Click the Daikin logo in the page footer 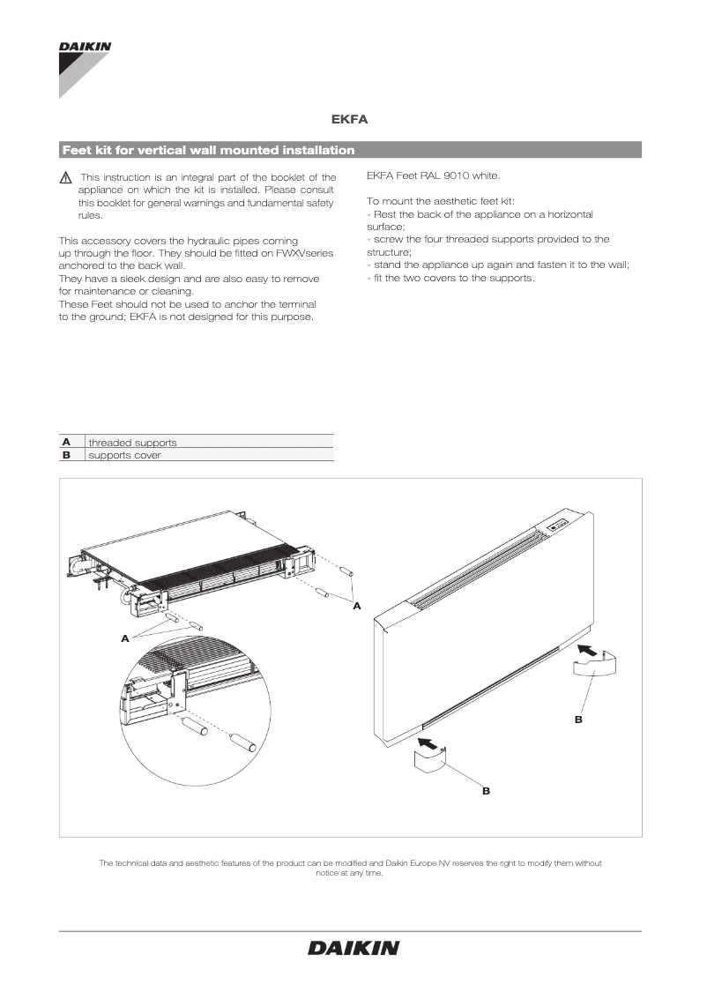pyautogui.click(x=353, y=948)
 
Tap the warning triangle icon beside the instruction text pyautogui.click(x=65, y=178)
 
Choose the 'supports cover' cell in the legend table pyautogui.click(x=124, y=455)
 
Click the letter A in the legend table pyautogui.click(x=65, y=442)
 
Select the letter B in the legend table pyautogui.click(x=65, y=455)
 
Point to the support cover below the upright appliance pyautogui.click(x=432, y=764)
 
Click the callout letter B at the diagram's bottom pyautogui.click(x=486, y=792)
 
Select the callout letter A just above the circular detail pyautogui.click(x=125, y=637)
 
